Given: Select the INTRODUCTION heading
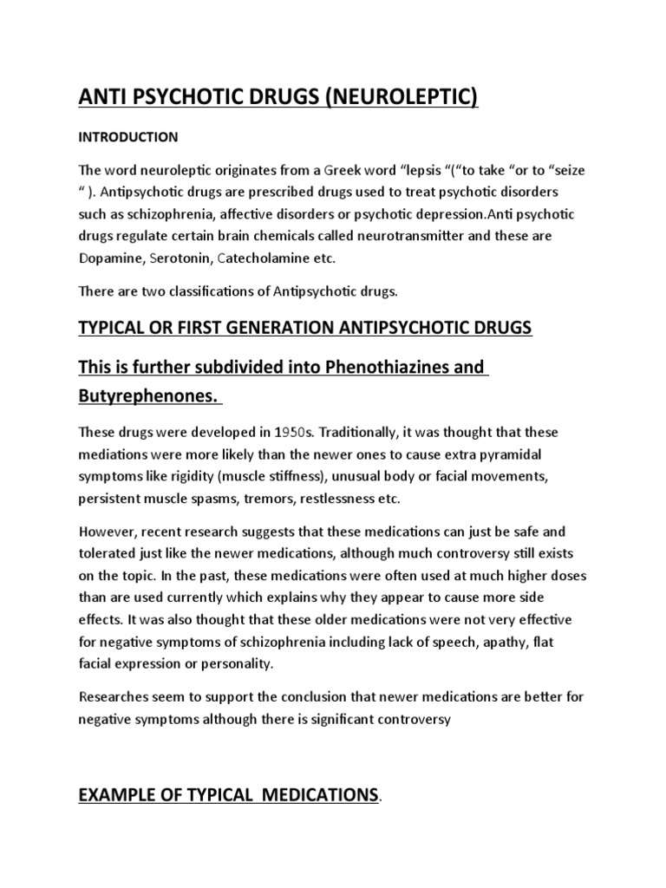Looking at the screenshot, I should tap(128, 137).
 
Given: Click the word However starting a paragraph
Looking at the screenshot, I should tap(107, 531).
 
